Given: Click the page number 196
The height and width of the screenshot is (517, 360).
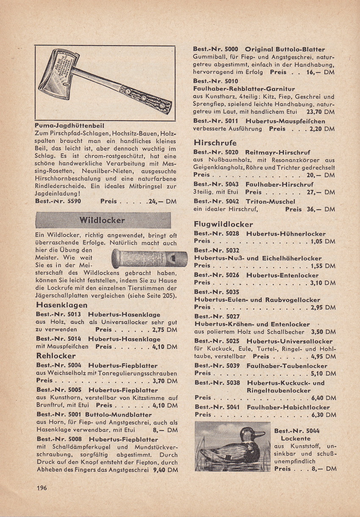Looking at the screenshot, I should tap(42, 488).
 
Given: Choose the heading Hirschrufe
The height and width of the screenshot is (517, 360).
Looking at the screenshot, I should tap(215, 143).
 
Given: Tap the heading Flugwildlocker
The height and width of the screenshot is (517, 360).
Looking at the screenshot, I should tap(223, 224).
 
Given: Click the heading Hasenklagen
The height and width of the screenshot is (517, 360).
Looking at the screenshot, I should tap(62, 305).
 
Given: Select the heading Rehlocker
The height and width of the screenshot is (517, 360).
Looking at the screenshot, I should tap(56, 356).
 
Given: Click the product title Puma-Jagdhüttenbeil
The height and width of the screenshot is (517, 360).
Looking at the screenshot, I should tap(70, 126).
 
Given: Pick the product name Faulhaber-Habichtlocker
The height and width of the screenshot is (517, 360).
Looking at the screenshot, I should tap(288, 407).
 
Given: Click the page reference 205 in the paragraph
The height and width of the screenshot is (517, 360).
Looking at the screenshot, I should tap(168, 296).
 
